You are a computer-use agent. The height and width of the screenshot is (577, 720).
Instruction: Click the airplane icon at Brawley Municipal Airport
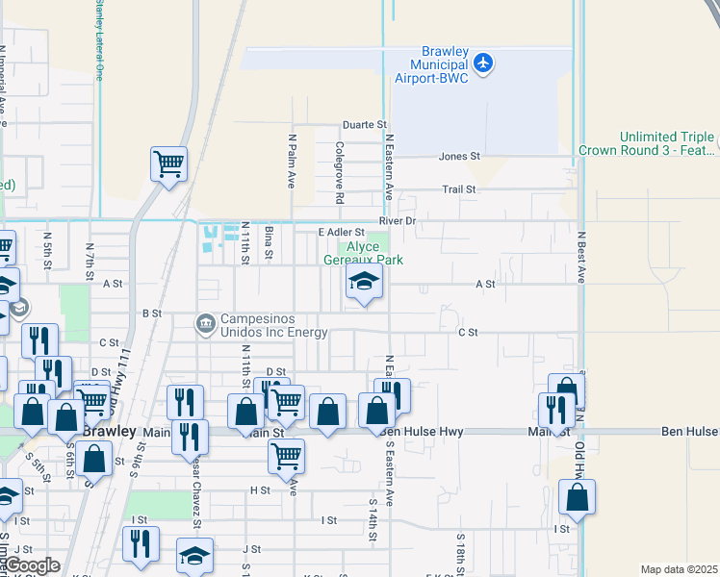pos(483,63)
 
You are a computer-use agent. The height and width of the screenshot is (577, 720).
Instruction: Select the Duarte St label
pos(366,125)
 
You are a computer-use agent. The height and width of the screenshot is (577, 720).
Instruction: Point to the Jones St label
pos(459,157)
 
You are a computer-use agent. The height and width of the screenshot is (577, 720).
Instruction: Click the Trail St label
pos(459,189)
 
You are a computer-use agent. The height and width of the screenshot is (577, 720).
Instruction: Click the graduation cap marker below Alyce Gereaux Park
pos(364,282)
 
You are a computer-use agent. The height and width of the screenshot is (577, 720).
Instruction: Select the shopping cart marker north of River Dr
pos(169,163)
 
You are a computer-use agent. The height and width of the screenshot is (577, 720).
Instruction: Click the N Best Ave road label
pos(581,256)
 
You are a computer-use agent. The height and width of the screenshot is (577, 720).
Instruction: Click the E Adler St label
pos(342,233)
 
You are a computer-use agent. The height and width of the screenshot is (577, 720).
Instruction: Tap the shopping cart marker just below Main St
pos(286,457)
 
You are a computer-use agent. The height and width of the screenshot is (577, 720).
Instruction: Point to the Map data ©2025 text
pos(678,569)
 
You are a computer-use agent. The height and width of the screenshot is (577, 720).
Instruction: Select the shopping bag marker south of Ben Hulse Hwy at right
pos(578,497)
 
